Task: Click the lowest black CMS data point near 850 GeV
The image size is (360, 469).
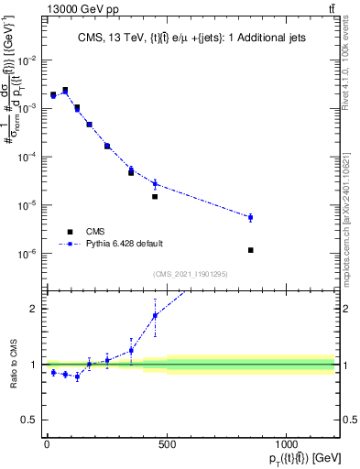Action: [250, 250]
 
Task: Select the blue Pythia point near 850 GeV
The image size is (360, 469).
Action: [250, 217]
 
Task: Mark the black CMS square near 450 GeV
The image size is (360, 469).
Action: [155, 196]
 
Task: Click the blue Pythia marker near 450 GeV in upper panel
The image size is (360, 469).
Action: [155, 183]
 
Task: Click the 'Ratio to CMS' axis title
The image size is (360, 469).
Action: [12, 364]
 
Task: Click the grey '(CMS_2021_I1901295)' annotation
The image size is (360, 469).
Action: [191, 274]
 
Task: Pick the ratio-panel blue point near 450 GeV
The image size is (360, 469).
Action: [155, 315]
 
